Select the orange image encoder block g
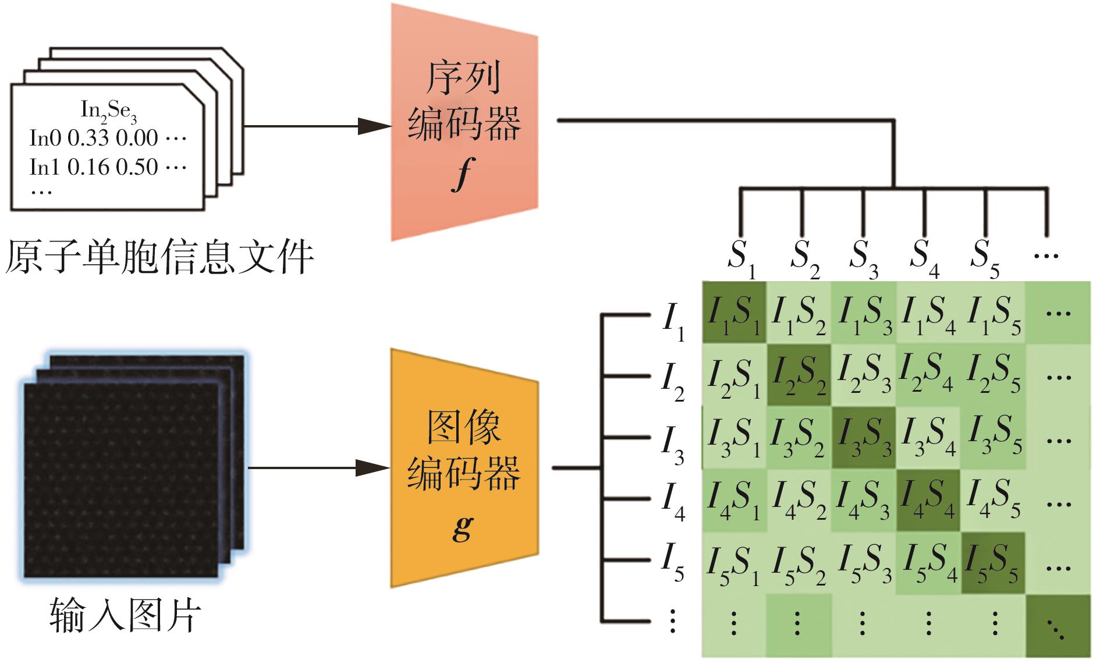coord(464,469)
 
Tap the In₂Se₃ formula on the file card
coord(109,111)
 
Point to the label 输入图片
coord(125,615)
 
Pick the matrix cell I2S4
coord(927,374)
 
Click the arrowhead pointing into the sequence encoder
coord(372,126)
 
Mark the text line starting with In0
coord(108,139)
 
